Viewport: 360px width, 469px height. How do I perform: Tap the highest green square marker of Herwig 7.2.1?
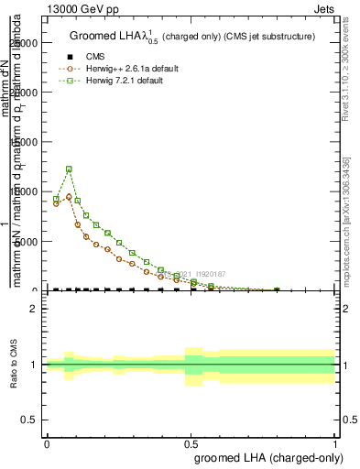coord(69,169)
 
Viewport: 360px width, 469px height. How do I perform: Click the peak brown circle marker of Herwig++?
coord(69,196)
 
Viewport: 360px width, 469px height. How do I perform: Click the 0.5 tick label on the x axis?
coord(191,443)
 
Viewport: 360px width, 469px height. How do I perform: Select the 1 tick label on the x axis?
coord(335,443)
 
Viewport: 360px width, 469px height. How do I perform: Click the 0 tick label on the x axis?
coord(47,443)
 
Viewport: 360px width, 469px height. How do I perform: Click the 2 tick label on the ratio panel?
coord(35,309)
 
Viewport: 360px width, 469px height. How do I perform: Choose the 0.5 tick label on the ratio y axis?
coord(30,420)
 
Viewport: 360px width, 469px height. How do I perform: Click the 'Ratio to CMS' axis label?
coord(14,365)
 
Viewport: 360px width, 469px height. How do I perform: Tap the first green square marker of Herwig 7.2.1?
coord(56,199)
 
